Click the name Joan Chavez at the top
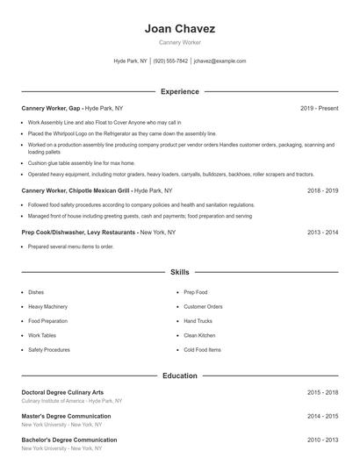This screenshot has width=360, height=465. click(180, 28)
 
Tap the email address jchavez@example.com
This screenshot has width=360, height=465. click(220, 61)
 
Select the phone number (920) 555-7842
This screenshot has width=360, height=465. click(171, 61)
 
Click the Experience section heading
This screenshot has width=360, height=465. click(180, 91)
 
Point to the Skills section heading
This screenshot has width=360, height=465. click(180, 273)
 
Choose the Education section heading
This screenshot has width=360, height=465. click(180, 376)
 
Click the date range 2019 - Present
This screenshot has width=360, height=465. click(320, 108)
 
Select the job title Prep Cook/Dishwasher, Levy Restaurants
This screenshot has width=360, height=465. click(78, 232)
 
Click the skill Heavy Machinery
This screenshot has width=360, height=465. click(47, 307)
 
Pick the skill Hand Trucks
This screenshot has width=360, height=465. click(198, 321)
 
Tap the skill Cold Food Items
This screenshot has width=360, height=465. click(202, 350)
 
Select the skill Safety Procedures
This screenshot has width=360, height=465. click(49, 350)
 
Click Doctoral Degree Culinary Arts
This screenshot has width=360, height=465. click(62, 392)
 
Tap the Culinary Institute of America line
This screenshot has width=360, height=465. click(72, 401)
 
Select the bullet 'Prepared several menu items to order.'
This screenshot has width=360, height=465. click(70, 247)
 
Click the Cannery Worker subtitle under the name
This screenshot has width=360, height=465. click(180, 42)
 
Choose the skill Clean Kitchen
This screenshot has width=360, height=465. click(199, 335)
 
